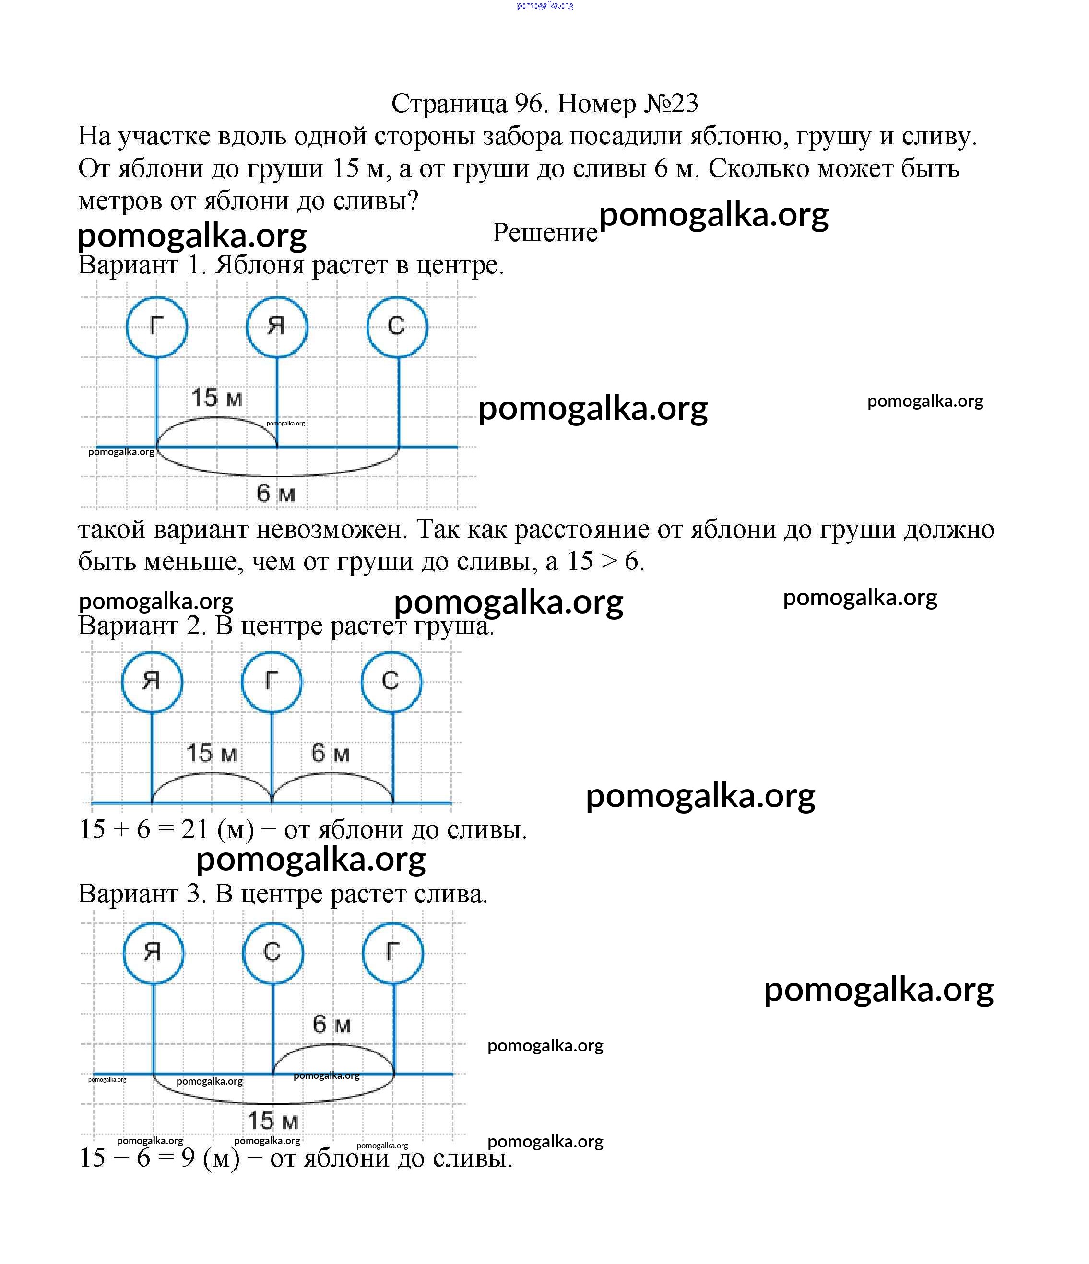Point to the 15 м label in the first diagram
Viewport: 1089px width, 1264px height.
point(216,398)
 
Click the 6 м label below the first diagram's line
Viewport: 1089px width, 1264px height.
point(276,493)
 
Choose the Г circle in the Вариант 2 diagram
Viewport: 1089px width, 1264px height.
point(272,682)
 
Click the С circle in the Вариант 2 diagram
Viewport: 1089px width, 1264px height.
point(391,682)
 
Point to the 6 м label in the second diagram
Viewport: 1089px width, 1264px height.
point(331,754)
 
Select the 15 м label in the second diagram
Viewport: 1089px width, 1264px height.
point(212,754)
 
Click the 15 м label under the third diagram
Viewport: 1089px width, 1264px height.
point(272,1121)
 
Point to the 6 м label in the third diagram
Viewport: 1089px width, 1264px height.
point(332,1024)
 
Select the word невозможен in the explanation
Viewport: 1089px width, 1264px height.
point(331,530)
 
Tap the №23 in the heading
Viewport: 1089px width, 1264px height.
point(671,104)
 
